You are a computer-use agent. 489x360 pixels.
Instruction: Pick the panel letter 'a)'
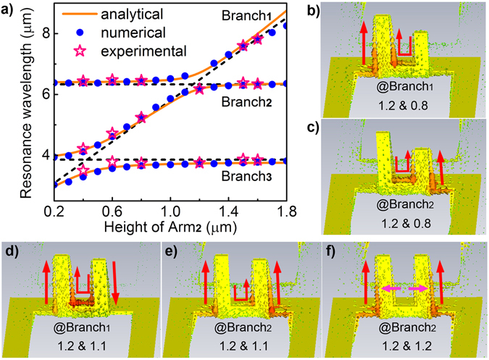(9, 9)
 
